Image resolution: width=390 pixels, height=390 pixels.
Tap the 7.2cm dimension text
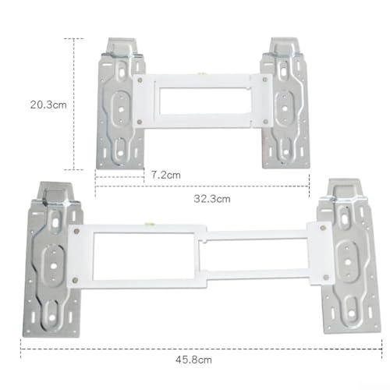tap(165, 175)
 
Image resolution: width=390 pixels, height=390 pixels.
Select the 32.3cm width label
tap(212, 199)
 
